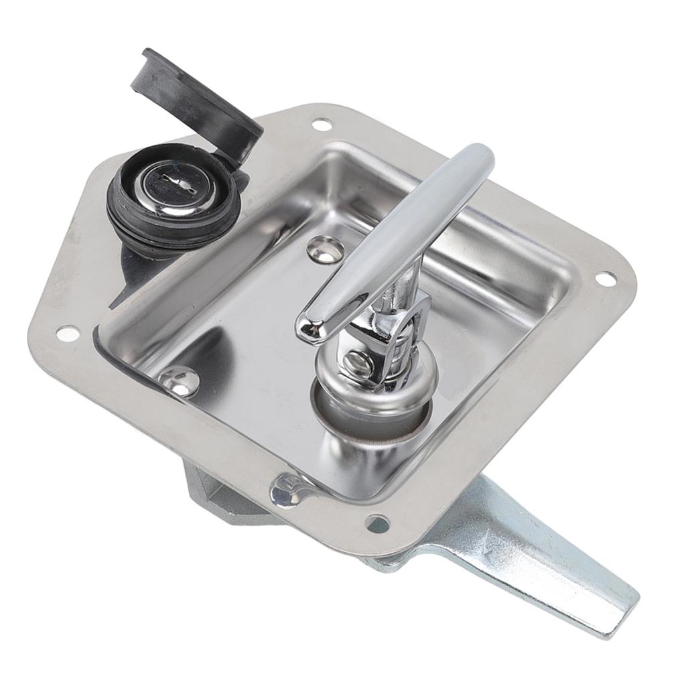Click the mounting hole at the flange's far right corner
click(x=604, y=277)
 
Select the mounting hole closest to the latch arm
click(x=377, y=523)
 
